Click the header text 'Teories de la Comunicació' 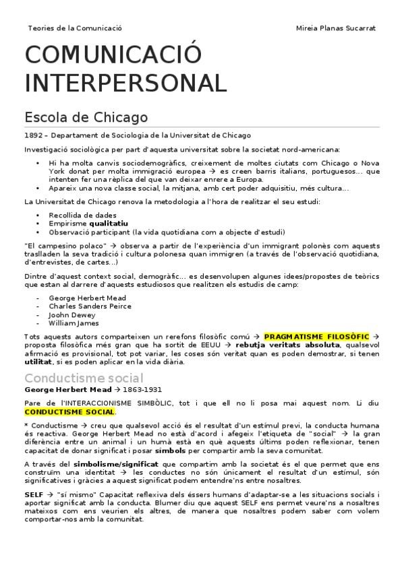coord(75,28)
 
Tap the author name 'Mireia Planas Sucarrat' coord(336,28)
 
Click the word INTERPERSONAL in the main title coord(125,83)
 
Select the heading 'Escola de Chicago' coord(86,117)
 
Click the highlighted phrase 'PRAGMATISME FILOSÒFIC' coord(316,336)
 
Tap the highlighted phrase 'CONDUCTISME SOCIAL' coord(69,411)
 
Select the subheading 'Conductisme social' coord(84,377)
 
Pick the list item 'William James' coord(74,323)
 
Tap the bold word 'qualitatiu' coord(109,223)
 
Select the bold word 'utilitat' coord(37,362)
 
